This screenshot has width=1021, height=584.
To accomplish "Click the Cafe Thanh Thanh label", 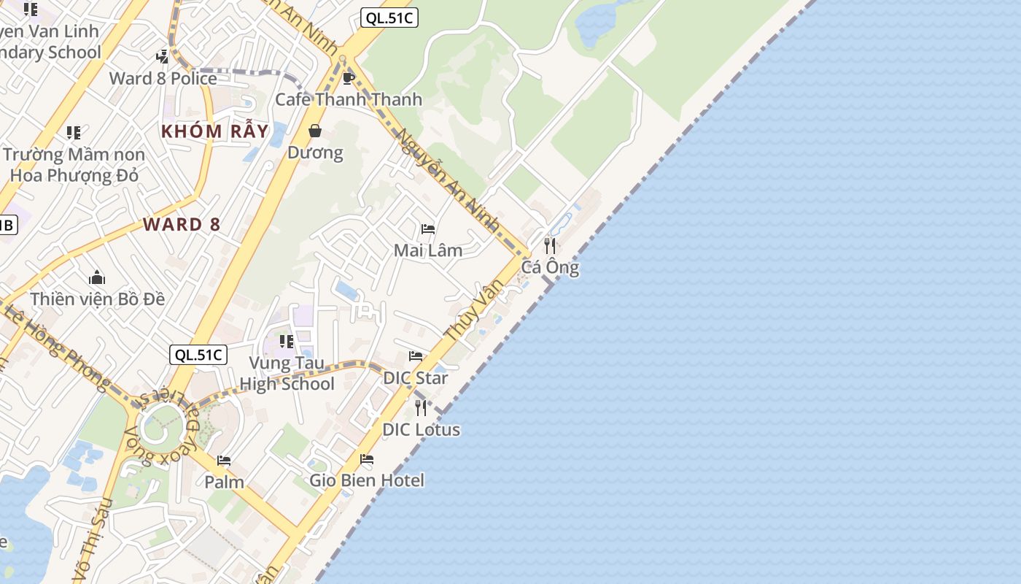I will (349, 99).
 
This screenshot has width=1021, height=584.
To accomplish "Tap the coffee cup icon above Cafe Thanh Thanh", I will (349, 78).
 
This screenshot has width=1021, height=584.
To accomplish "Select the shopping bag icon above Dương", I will (315, 131).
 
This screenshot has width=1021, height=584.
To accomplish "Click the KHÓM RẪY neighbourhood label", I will (214, 131).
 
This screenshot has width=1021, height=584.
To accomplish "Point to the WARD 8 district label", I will (182, 224).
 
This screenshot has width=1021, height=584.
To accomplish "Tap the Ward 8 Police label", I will (163, 78).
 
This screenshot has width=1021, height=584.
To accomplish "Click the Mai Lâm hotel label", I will (428, 250).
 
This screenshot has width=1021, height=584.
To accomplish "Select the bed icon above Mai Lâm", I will (428, 229).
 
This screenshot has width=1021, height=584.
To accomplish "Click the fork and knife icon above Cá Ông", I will (550, 245).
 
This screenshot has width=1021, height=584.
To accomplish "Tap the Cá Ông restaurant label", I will (550, 267).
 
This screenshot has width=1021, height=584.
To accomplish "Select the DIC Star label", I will (416, 378).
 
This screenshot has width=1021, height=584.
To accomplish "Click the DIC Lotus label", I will (422, 429).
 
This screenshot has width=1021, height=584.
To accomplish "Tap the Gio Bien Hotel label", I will (367, 480).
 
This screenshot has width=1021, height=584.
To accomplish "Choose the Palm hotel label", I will (224, 482).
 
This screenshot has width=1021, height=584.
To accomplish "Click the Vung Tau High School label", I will (287, 373).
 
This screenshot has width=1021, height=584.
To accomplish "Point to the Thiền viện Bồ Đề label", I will (98, 299).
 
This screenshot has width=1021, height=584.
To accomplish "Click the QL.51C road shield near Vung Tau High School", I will (198, 355).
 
